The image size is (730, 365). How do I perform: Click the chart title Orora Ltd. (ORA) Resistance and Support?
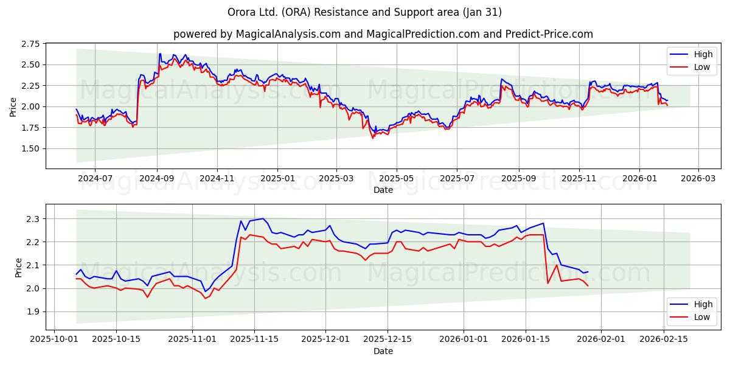click(364, 12)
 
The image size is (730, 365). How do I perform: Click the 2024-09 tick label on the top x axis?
click(157, 178)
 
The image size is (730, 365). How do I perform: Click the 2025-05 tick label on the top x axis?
click(397, 178)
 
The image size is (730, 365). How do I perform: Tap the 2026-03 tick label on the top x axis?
click(698, 178)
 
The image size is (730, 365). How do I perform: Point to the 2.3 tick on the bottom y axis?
click(35, 218)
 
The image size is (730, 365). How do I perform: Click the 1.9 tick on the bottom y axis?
click(35, 311)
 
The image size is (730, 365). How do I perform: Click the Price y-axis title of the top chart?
click(13, 106)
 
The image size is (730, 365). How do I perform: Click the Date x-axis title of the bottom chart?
click(383, 351)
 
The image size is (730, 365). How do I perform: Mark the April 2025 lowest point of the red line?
click(373, 138)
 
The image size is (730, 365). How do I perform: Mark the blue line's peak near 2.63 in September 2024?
click(160, 54)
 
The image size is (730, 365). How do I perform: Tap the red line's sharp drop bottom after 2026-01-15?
click(548, 283)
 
